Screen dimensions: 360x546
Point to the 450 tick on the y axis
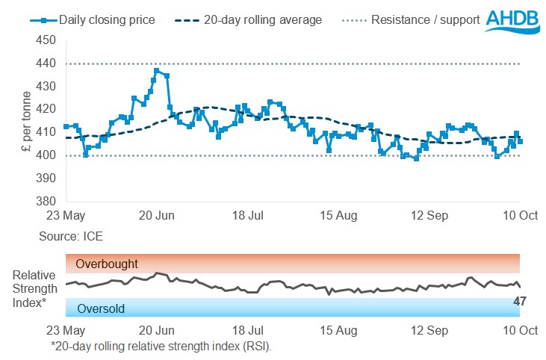(51, 40)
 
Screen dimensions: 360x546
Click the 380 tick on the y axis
(51, 201)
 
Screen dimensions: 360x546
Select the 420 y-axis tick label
(51, 109)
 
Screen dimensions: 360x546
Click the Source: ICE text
(72, 235)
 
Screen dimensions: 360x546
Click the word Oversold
(102, 308)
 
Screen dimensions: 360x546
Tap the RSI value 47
(520, 301)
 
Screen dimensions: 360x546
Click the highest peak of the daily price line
(156, 71)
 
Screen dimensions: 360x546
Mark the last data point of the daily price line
(520, 141)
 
